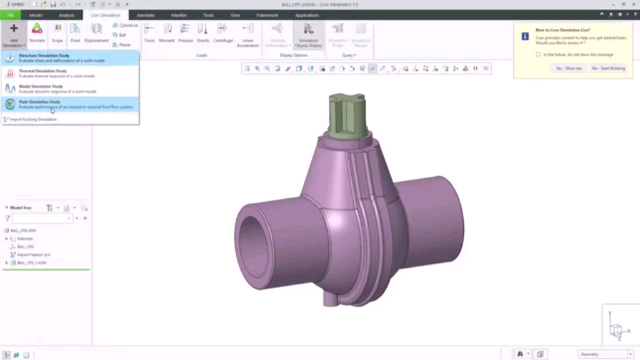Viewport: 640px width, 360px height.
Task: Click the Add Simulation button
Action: (14, 34)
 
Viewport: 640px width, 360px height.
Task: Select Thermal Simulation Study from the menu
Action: (42, 71)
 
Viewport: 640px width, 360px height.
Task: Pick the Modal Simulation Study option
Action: (41, 86)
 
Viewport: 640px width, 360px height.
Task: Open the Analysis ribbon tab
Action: (66, 15)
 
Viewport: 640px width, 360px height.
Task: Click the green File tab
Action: (11, 15)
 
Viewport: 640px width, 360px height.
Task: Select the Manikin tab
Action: (179, 15)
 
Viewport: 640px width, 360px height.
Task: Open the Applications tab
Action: (307, 15)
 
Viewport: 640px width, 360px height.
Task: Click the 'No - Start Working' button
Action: (608, 68)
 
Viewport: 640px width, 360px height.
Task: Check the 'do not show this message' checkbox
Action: (538, 54)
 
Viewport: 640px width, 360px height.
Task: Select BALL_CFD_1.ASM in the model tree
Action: (32, 263)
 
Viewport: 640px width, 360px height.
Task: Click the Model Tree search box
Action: (42, 218)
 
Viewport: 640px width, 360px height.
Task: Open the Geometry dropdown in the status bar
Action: (606, 354)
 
